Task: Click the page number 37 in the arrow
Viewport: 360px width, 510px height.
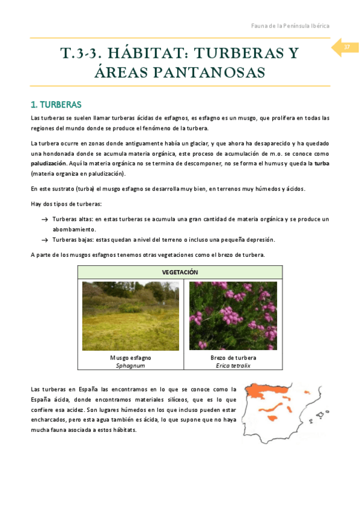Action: (x=347, y=48)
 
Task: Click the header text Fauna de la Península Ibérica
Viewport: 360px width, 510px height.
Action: (x=290, y=26)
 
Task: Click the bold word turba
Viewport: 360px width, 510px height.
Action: (x=322, y=162)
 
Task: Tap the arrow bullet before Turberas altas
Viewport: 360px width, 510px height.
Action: (x=44, y=220)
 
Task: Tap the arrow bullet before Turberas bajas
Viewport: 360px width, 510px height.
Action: (x=44, y=239)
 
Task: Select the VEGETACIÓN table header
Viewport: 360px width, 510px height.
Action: (x=180, y=272)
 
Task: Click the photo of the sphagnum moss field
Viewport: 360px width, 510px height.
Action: (x=130, y=316)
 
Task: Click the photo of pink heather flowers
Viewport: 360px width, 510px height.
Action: (x=233, y=316)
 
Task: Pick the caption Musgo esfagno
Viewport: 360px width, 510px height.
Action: (x=130, y=358)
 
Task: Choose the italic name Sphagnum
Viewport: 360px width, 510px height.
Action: (x=130, y=365)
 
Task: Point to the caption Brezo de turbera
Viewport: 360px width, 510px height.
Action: (x=233, y=358)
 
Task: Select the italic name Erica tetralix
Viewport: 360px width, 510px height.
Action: (x=233, y=365)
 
